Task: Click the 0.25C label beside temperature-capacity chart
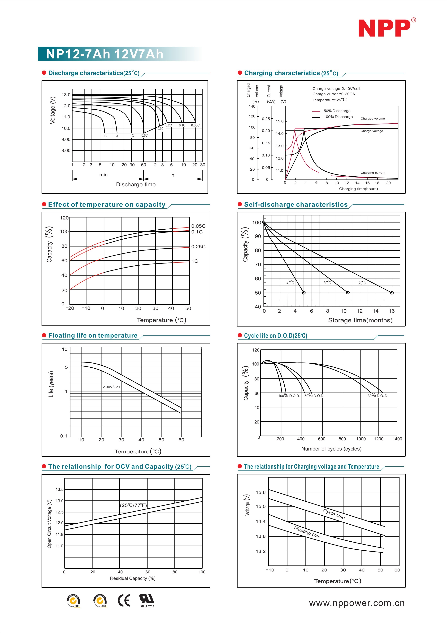(x=198, y=246)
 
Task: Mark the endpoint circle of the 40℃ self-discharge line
(x=304, y=293)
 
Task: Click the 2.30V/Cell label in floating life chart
(x=111, y=387)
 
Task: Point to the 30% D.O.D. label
(x=378, y=396)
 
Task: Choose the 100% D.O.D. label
(x=289, y=396)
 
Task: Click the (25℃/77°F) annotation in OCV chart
(x=133, y=505)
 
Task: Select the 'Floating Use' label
(x=307, y=532)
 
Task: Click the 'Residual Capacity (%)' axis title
(x=133, y=578)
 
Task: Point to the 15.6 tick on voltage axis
(x=260, y=492)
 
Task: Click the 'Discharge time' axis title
(x=136, y=184)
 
